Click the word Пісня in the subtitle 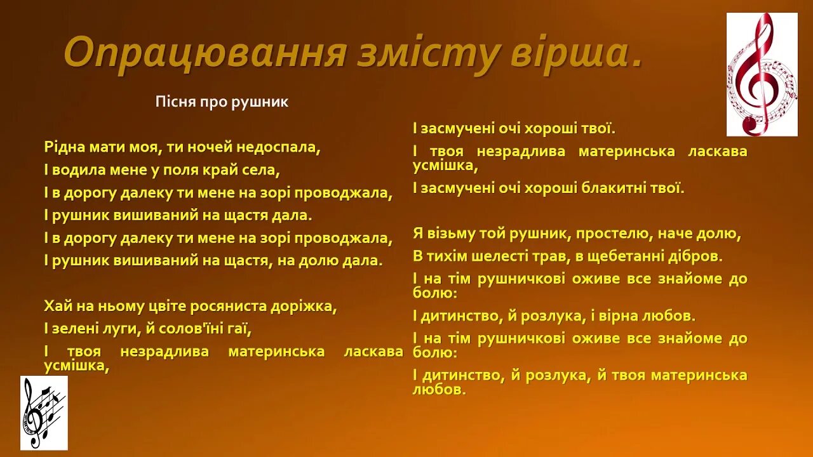pyautogui.click(x=173, y=102)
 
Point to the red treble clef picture pyautogui.click(x=762, y=74)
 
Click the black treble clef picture pyautogui.click(x=44, y=412)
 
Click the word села pyautogui.click(x=264, y=170)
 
